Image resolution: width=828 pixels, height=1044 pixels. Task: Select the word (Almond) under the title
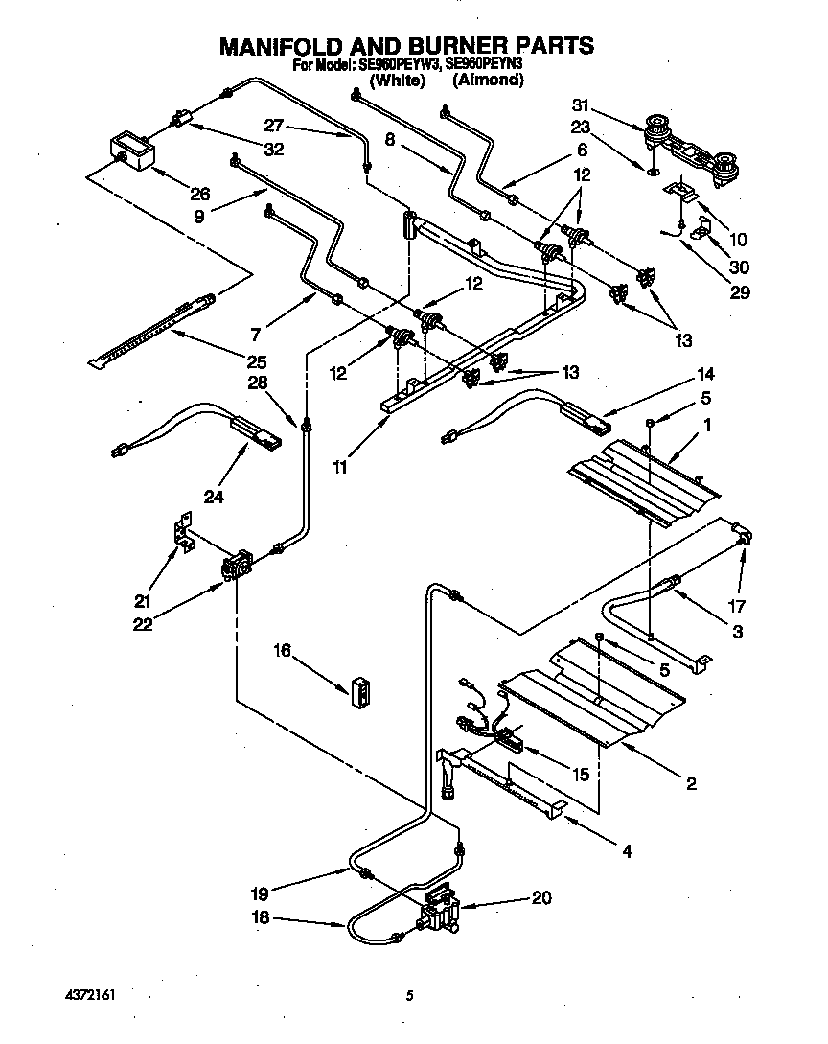489,81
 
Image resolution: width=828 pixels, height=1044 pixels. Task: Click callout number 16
282,651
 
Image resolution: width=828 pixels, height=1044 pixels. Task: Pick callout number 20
541,898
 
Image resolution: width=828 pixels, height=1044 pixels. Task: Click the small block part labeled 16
361,691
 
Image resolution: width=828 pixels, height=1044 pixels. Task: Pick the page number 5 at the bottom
409,996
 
